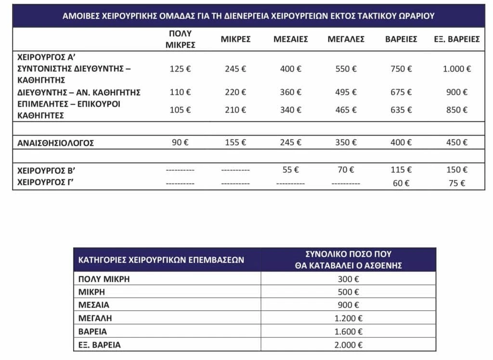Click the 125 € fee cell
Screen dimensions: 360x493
180,69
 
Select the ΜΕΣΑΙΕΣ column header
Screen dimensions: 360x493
290,39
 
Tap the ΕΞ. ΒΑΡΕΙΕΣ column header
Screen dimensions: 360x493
456,39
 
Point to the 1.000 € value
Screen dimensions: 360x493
456,69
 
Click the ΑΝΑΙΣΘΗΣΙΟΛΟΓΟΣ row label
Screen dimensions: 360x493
55,143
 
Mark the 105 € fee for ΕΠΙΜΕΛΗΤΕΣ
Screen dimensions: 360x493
180,110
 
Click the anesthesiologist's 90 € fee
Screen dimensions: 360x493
180,143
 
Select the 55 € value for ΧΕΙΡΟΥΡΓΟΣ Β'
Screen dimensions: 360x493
290,170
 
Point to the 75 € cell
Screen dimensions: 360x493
456,183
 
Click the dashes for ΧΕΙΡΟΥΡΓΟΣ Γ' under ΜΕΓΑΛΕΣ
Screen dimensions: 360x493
346,184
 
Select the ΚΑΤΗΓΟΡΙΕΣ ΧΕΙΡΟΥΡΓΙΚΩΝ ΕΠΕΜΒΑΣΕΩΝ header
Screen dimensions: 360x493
161,260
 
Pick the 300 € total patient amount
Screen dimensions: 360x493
349,279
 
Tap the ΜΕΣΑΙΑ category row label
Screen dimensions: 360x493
94,305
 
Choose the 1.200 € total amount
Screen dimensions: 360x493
349,318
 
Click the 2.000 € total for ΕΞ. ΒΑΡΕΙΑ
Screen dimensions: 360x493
349,345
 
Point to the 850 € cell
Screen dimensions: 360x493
456,110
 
